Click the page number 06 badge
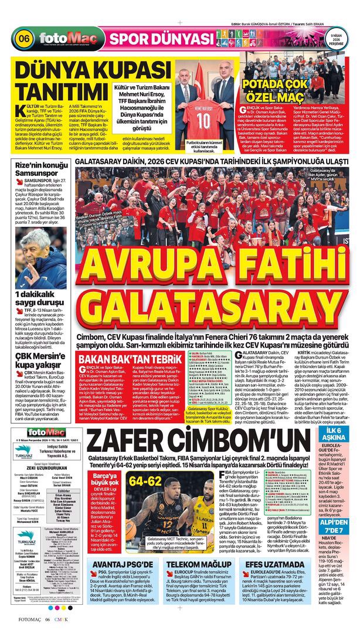[x=25, y=40]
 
